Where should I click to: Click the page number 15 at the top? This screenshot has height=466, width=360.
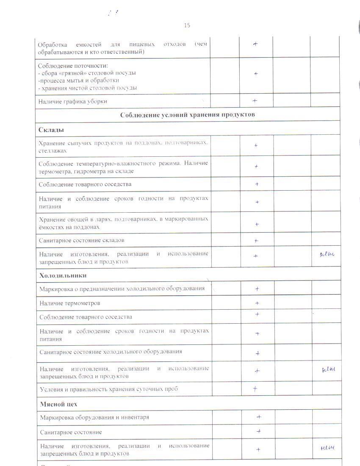(x=187, y=25)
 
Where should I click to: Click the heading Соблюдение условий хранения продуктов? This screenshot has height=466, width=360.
(x=188, y=115)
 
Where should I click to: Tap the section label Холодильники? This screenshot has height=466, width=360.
(x=63, y=275)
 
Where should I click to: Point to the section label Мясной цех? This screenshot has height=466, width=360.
(x=58, y=404)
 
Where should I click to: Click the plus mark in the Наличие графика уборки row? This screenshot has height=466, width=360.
(x=255, y=101)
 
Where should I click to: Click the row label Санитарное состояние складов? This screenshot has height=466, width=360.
(x=81, y=240)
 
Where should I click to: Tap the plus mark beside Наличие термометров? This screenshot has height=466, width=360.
(x=257, y=303)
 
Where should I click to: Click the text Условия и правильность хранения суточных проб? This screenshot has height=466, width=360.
(x=109, y=389)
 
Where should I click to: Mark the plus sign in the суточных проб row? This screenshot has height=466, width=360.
(x=255, y=389)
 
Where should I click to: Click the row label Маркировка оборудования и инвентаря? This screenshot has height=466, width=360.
(x=94, y=417)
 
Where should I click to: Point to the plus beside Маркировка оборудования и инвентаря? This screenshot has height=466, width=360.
(x=259, y=417)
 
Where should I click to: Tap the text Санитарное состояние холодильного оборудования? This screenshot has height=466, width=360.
(x=111, y=352)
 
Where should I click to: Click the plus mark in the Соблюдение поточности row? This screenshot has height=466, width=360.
(x=256, y=74)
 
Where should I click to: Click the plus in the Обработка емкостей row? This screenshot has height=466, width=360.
(x=255, y=44)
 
